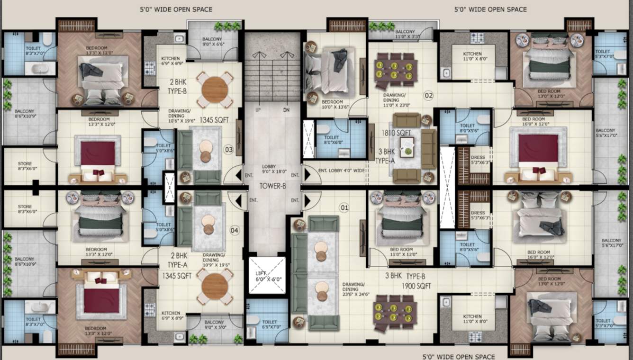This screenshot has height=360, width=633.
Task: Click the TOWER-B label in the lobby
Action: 272,186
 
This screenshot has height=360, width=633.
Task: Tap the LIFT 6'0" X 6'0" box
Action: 267,275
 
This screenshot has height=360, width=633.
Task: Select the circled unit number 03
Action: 229,150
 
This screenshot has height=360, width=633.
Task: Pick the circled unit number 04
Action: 234,230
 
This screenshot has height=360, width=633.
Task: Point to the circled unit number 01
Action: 344,207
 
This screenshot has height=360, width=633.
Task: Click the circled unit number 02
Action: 428,96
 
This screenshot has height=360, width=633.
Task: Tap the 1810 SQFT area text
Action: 397,133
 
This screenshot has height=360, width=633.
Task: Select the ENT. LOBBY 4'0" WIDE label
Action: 341,170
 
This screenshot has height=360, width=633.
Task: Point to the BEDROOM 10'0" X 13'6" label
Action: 332,105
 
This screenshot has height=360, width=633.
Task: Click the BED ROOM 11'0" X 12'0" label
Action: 401,252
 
